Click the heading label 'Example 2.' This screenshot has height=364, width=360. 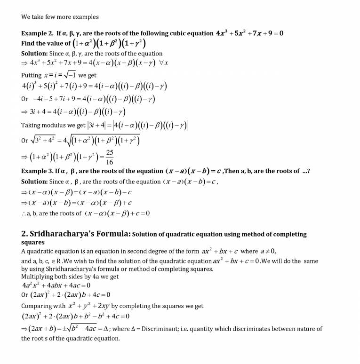pos(37,33)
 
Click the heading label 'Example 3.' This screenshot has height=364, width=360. pos(37,171)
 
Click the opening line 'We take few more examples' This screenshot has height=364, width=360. pos(60,17)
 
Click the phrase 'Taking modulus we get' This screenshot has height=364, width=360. pos(53,126)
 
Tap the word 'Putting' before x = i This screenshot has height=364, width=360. pos(32,75)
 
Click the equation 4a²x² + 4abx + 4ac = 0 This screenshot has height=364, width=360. pos(56,285)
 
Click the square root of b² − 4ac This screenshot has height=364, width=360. pos(90,329)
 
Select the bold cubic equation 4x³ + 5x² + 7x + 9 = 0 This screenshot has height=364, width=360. pos(249,33)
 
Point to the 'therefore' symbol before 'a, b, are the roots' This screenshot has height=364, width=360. pos(24,214)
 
